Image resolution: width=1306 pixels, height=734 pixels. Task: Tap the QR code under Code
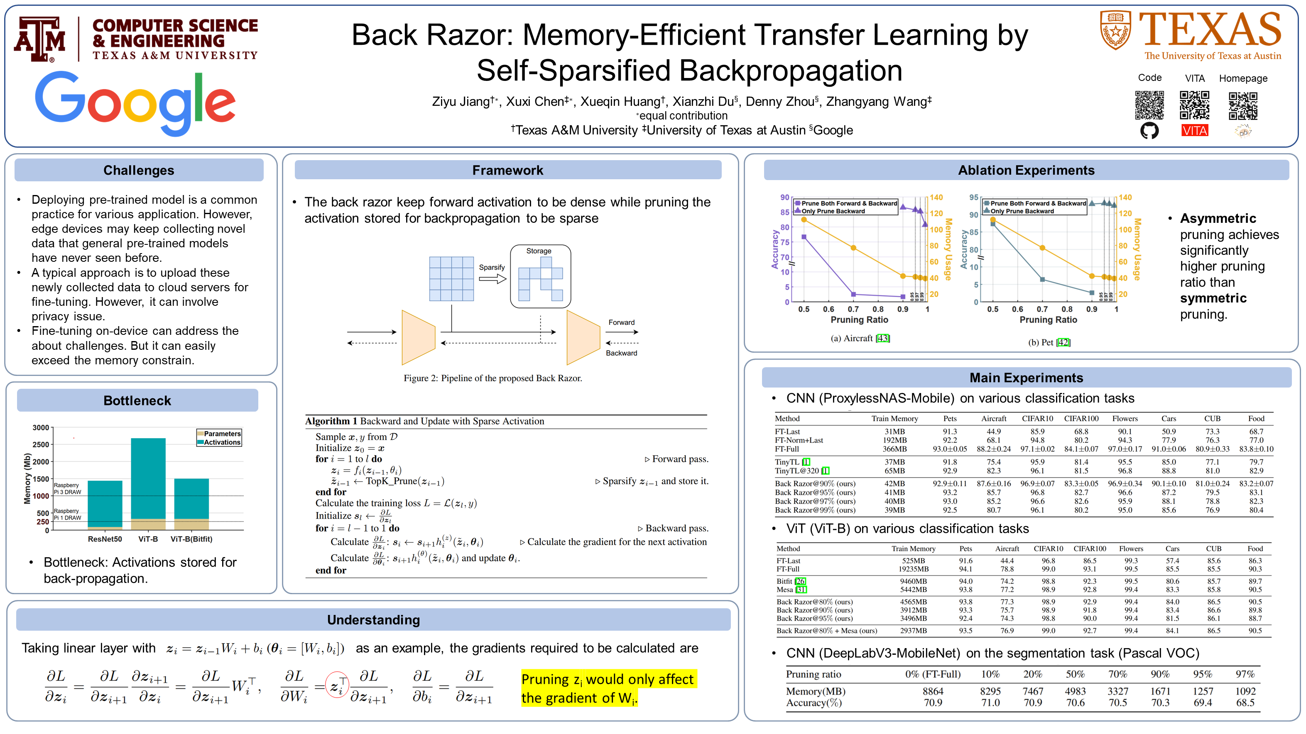point(1149,105)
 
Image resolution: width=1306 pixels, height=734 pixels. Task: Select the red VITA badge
point(1194,131)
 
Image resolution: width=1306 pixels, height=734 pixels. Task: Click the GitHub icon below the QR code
point(1149,131)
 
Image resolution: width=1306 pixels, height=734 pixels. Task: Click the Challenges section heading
point(138,170)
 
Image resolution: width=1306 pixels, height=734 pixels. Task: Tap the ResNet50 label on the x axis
point(105,539)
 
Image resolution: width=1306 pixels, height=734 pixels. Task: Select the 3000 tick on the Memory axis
point(41,427)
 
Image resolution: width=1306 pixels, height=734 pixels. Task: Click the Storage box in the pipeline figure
point(540,277)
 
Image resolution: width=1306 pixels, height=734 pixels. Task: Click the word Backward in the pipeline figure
point(621,353)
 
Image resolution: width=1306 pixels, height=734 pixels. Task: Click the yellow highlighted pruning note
point(608,688)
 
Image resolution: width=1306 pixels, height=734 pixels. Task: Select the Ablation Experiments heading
point(1026,170)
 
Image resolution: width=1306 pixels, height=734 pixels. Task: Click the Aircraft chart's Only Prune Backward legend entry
point(833,211)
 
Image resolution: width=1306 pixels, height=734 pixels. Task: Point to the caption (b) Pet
point(1049,342)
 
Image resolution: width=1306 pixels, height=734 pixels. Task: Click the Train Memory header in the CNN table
point(894,418)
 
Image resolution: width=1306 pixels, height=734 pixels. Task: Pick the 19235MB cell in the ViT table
point(913,569)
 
